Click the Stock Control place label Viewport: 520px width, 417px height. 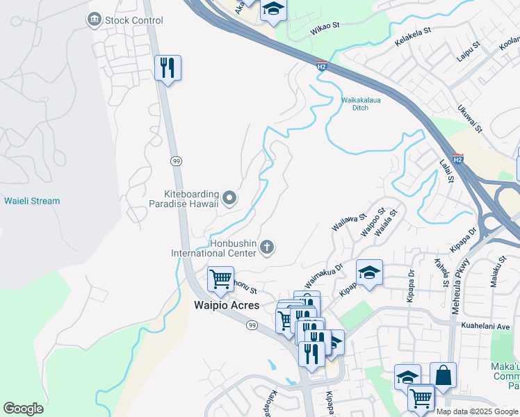pos(133,20)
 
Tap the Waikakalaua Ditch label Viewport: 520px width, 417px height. pos(360,104)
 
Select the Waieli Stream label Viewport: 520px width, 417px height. pos(32,201)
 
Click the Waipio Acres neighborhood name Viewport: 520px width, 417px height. pos(226,305)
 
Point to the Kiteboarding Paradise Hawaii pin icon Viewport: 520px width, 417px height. pos(230,199)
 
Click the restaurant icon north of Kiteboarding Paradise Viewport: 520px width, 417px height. pos(168,68)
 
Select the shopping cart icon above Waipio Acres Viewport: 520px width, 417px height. pos(220,279)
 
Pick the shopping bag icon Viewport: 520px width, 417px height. pos(443,375)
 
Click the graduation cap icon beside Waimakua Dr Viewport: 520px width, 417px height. pos(369,272)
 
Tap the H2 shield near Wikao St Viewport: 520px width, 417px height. pos(321,66)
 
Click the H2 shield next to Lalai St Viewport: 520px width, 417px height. pos(457,158)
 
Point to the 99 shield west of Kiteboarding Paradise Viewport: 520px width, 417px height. pos(177,161)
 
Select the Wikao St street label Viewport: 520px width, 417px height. pos(325,26)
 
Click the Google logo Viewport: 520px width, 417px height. pos(23,409)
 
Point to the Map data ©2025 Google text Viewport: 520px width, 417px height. pos(477,411)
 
